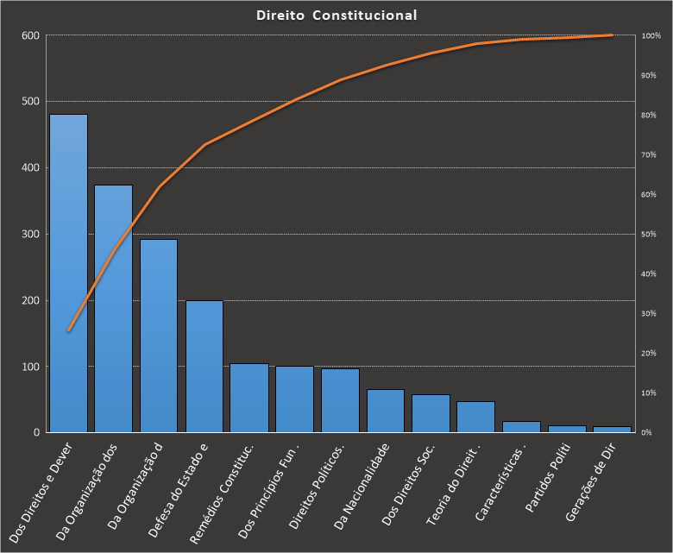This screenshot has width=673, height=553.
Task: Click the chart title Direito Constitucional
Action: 336,16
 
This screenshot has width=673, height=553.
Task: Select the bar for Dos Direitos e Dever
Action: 68,273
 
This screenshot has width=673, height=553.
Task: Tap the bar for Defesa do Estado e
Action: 204,366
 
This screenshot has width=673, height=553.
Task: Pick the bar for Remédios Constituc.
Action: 249,398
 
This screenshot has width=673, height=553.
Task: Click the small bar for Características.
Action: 521,426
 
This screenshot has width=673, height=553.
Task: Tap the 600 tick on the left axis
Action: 31,35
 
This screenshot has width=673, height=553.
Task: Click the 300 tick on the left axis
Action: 31,234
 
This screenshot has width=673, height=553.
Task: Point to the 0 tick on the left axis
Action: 37,432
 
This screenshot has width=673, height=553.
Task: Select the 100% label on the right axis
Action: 651,35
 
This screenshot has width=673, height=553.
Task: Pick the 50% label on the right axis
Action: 650,234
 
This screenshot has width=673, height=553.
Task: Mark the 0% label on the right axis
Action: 648,432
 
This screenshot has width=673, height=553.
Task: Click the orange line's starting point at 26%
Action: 68,330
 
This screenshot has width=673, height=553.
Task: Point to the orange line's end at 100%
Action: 612,35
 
